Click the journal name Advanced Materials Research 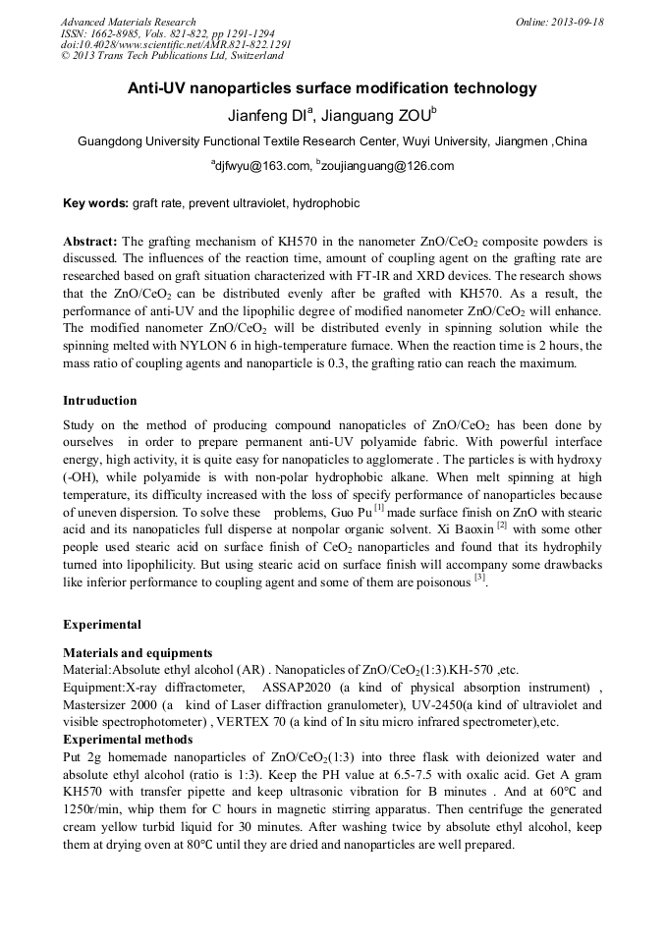point(128,22)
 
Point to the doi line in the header point(176,45)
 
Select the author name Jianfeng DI point(266,115)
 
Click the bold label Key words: point(95,203)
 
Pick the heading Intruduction point(100,401)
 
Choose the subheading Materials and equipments point(138,652)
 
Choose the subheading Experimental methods point(128,739)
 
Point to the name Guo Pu point(350,513)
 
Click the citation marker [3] point(480,578)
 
